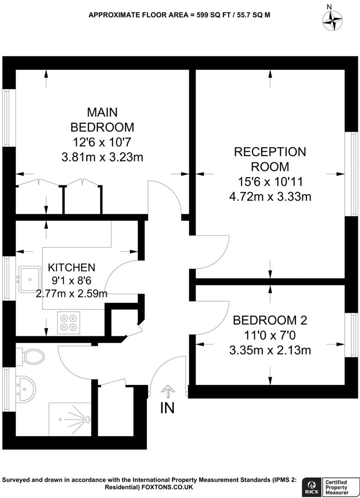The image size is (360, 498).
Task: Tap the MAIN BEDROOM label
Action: (102, 119)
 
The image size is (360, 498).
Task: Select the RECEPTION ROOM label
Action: (270, 159)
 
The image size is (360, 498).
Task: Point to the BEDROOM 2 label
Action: (270, 320)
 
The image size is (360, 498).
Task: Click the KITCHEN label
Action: (72, 267)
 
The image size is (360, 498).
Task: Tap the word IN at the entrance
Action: (167, 408)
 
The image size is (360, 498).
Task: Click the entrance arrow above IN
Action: (167, 392)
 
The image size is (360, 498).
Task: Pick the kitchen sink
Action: (30, 279)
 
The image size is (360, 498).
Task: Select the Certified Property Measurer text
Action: (339, 487)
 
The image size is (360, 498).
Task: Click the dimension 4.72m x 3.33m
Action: (270, 197)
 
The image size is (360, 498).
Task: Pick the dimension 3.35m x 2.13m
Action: (270, 350)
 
